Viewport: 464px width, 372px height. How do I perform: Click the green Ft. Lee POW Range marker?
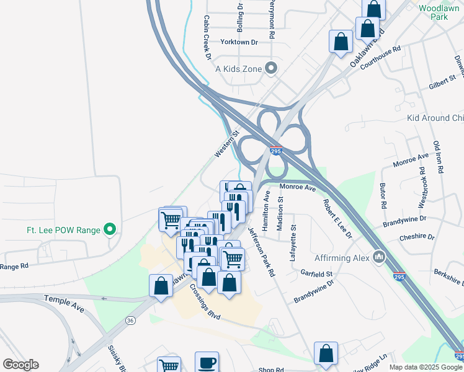pos(110,229)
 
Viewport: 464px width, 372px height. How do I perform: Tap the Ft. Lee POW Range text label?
pos(63,230)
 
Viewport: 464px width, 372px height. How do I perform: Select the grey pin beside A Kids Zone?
pos(271,68)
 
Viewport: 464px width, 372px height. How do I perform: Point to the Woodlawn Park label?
pos(439,12)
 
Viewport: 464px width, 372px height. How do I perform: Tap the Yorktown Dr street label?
pos(239,42)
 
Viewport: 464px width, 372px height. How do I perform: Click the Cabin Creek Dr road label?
pos(207,37)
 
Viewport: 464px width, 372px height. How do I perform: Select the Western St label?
pos(226,143)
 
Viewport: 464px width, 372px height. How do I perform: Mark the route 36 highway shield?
pos(130,320)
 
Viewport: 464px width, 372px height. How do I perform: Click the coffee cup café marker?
pos(207,361)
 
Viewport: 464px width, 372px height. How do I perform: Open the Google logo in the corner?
pos(20,365)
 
